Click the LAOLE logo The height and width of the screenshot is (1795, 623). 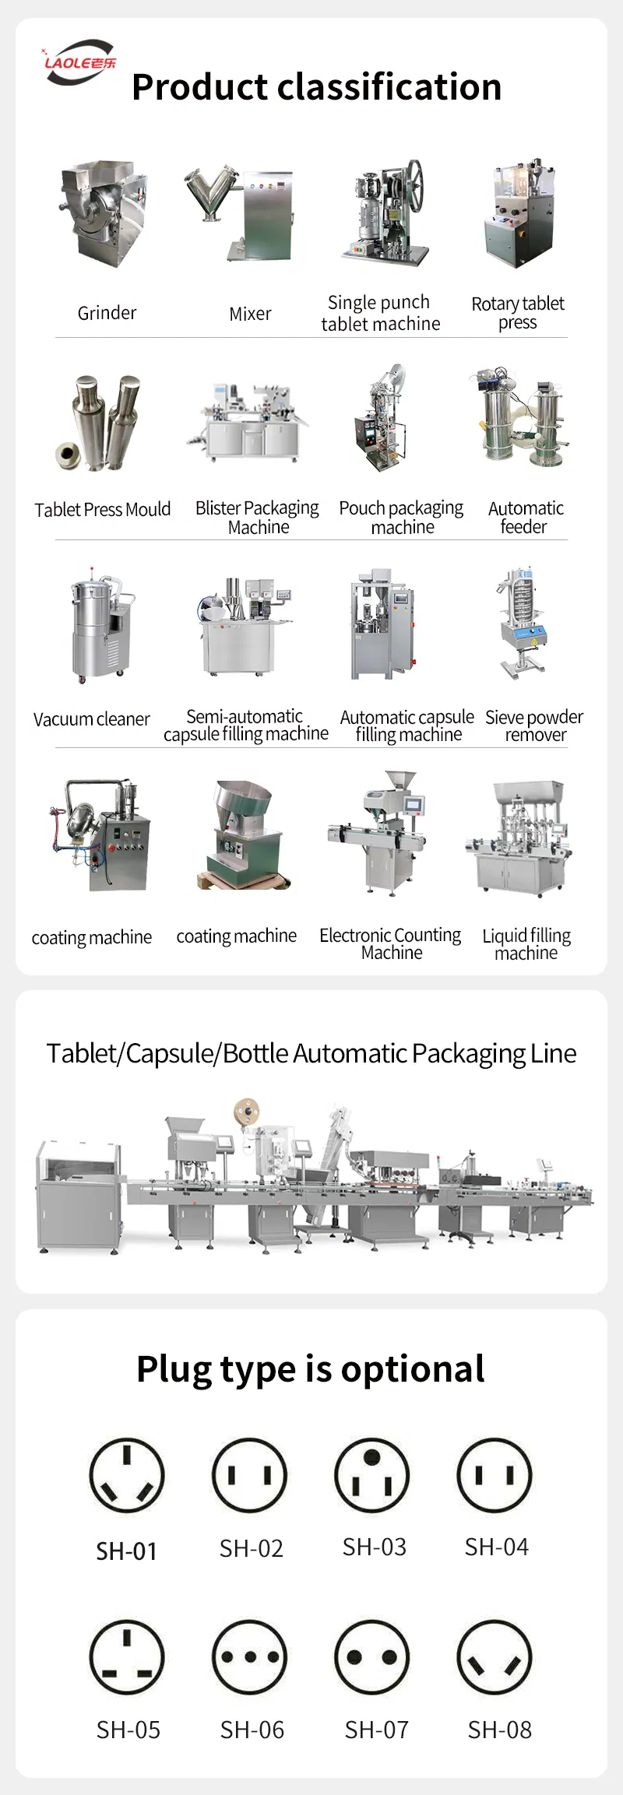click(x=79, y=61)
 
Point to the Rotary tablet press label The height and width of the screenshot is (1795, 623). click(x=518, y=312)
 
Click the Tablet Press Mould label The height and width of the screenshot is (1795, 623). click(x=102, y=509)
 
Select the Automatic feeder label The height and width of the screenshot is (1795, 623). click(x=526, y=517)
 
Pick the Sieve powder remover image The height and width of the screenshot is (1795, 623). click(x=521, y=622)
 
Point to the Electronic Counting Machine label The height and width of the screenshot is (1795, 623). click(x=390, y=943)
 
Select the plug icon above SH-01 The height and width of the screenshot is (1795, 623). click(x=127, y=1474)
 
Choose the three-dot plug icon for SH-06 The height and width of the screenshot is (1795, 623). click(x=250, y=1658)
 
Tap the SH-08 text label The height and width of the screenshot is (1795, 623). click(x=500, y=1730)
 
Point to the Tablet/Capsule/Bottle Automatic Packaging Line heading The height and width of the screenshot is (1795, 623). click(x=311, y=1052)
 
